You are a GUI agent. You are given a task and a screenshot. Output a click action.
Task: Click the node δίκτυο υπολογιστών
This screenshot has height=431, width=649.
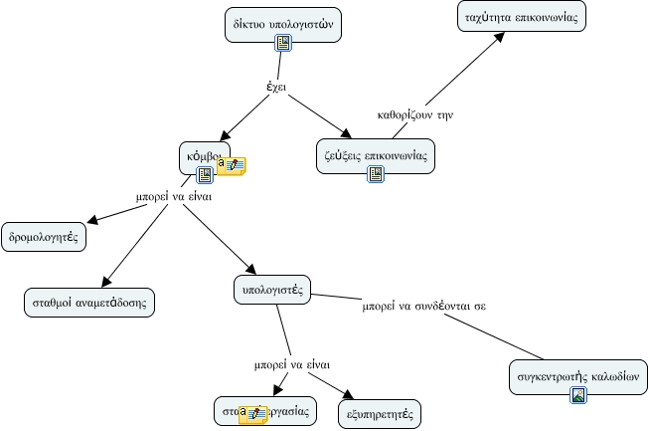click(282, 22)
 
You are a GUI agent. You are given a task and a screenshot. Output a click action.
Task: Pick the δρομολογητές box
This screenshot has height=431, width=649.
click(43, 238)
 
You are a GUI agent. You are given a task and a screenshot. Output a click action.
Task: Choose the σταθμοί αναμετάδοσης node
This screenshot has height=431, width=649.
click(89, 302)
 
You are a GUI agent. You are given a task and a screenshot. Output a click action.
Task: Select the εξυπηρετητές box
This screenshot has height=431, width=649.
click(380, 411)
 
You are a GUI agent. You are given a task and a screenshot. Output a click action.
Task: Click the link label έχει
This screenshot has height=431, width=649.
click(276, 87)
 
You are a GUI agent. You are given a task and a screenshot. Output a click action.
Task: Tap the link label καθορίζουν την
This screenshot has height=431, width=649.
click(415, 114)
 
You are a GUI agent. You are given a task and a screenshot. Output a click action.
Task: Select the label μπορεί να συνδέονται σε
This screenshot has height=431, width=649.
click(423, 306)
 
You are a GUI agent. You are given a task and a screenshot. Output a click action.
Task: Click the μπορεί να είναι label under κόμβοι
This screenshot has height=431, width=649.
click(174, 195)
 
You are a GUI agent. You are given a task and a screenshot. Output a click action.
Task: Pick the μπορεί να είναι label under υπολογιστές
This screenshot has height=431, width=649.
click(291, 364)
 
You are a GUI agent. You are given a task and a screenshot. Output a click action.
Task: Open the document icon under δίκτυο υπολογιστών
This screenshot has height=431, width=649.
click(282, 42)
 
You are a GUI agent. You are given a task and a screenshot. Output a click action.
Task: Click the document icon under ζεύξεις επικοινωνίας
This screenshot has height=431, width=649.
click(375, 173)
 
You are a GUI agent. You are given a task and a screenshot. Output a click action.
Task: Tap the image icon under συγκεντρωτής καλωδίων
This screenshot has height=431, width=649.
click(577, 395)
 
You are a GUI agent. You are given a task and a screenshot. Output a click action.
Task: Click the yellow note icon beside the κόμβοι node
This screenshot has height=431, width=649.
click(232, 166)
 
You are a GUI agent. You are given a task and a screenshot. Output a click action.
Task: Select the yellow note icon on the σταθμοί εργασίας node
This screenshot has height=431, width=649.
click(252, 413)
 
